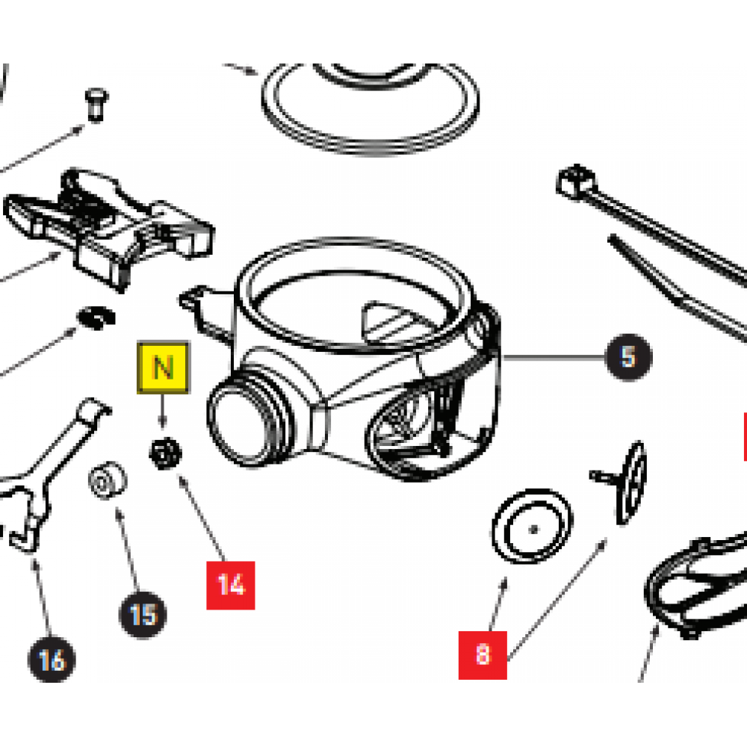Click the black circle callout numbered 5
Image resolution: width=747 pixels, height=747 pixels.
click(x=627, y=358)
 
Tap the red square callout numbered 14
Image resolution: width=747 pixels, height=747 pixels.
click(x=232, y=585)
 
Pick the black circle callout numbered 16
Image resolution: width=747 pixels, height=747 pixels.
click(x=52, y=660)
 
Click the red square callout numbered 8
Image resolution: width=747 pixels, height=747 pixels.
click(x=483, y=654)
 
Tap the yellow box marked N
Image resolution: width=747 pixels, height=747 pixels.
click(x=163, y=368)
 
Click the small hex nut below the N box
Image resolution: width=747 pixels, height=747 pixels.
click(x=164, y=453)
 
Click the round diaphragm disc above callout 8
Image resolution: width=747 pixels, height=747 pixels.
click(x=531, y=528)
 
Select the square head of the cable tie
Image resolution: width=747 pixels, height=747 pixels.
click(x=574, y=180)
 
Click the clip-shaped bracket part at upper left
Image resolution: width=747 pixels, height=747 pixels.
click(x=112, y=224)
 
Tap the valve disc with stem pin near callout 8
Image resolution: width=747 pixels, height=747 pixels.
click(x=627, y=478)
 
